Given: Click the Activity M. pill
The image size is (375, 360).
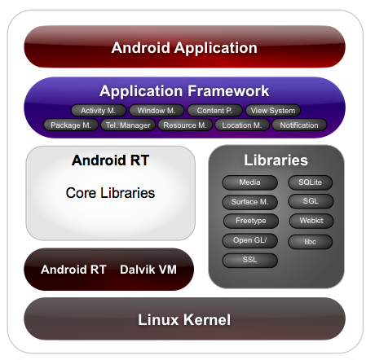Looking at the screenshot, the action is (x=99, y=111).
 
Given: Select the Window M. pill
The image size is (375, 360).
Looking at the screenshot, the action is (x=157, y=111).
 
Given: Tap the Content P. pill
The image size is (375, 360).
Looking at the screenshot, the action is (x=214, y=111).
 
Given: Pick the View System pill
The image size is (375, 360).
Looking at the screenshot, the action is (x=273, y=111).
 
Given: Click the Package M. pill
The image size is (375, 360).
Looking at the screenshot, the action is (x=71, y=125).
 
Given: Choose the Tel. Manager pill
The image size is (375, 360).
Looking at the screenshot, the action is (x=128, y=125).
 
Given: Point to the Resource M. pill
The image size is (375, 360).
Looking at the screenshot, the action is (x=185, y=125).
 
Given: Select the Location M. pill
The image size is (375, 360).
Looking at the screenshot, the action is (x=242, y=125).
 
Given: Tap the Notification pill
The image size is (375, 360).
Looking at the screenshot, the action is (x=299, y=125).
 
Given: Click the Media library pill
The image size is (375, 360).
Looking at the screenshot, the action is (x=250, y=182).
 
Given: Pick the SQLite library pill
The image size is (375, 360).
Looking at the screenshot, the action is (x=311, y=182).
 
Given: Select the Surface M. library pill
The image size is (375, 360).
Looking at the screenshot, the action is (x=250, y=202).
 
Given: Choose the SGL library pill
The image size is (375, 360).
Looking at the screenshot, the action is (x=311, y=201).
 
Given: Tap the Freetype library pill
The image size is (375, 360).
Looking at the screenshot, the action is (x=251, y=221).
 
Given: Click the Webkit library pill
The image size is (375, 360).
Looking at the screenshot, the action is (x=311, y=221).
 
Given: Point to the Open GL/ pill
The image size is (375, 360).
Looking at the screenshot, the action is (x=250, y=240).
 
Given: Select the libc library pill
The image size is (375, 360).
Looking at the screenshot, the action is (x=311, y=242).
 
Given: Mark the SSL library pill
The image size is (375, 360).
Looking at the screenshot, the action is (x=250, y=260).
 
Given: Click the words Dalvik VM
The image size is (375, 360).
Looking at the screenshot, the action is (x=148, y=270).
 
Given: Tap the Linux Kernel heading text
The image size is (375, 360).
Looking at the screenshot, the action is (x=184, y=319).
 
